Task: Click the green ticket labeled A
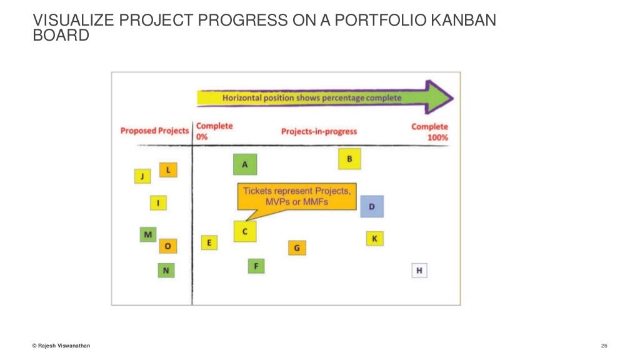pyautogui.click(x=245, y=164)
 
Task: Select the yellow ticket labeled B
pyautogui.click(x=349, y=159)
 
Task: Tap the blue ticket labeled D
pyautogui.click(x=372, y=206)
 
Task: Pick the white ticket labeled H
pyautogui.click(x=419, y=271)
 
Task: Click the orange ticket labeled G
pyautogui.click(x=297, y=248)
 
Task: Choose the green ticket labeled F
pyautogui.click(x=256, y=266)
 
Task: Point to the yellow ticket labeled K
pyautogui.click(x=374, y=239)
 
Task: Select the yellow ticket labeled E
pyautogui.click(x=209, y=242)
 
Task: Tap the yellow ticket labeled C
pyautogui.click(x=245, y=231)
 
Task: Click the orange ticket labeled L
pyautogui.click(x=168, y=169)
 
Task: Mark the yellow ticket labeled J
pyautogui.click(x=142, y=176)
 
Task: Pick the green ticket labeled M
pyautogui.click(x=148, y=234)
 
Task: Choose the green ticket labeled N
pyautogui.click(x=166, y=270)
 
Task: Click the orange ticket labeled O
pyautogui.click(x=167, y=246)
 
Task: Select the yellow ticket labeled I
pyautogui.click(x=158, y=202)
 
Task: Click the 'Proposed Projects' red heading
pyautogui.click(x=154, y=131)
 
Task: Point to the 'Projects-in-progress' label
pyautogui.click(x=319, y=131)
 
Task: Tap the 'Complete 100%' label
pyautogui.click(x=429, y=131)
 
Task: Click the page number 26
pyautogui.click(x=604, y=346)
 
